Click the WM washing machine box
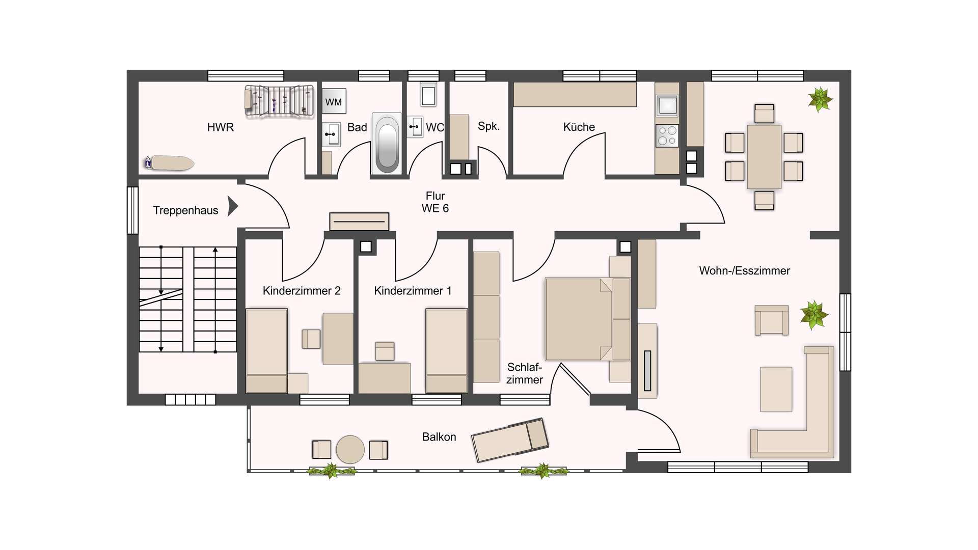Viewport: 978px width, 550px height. [x=334, y=101]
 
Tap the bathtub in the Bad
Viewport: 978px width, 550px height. [x=387, y=143]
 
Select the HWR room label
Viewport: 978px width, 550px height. [x=221, y=127]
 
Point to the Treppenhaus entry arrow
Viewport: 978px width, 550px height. [x=233, y=206]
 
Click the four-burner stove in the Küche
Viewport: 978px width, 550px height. [x=667, y=135]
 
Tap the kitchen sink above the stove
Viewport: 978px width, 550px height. [x=667, y=105]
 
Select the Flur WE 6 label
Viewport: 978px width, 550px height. [x=436, y=202]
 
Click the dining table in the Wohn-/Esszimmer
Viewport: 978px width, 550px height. [x=764, y=157]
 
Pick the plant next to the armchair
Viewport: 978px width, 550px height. [x=813, y=315]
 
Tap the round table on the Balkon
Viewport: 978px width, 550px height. [x=350, y=449]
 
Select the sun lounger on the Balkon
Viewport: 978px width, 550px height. [x=510, y=439]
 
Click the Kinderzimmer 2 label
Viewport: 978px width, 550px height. [x=302, y=291]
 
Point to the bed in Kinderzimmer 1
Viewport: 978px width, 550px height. [x=446, y=351]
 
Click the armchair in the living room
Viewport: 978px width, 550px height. [x=772, y=320]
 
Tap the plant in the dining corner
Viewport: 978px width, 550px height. [x=820, y=99]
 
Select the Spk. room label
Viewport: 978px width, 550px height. [x=488, y=126]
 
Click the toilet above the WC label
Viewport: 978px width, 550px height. [x=428, y=95]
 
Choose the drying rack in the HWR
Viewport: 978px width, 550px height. [x=279, y=101]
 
